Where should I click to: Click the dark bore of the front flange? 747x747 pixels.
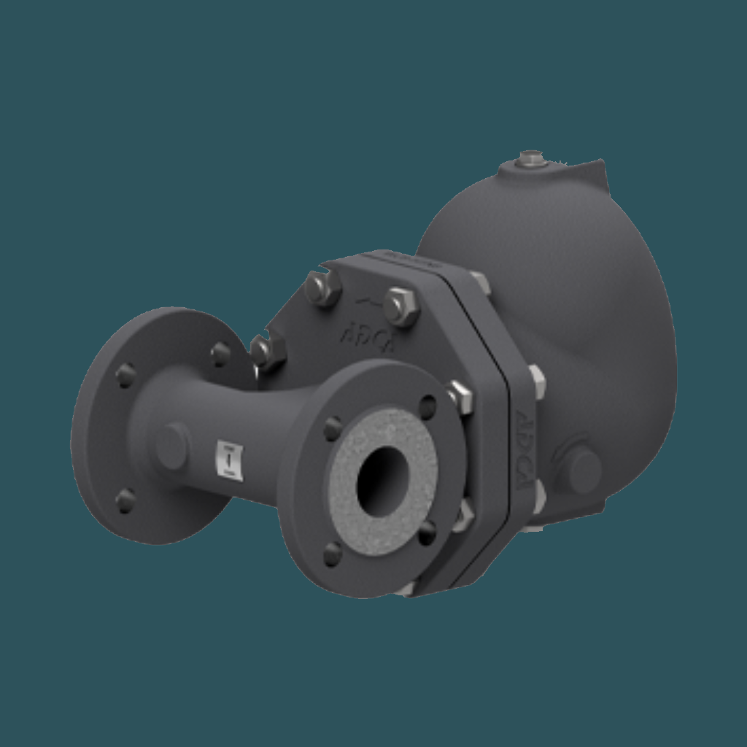pyautogui.click(x=381, y=482)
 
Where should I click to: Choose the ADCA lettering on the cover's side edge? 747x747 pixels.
pyautogui.click(x=525, y=449)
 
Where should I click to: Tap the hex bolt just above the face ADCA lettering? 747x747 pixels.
pyautogui.click(x=400, y=306)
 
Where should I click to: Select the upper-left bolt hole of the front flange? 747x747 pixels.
pyautogui.click(x=333, y=428)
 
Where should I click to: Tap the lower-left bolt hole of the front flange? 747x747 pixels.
pyautogui.click(x=332, y=554)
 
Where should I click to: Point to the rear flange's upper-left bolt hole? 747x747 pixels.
pyautogui.click(x=125, y=375)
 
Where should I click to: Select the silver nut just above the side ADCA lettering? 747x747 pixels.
pyautogui.click(x=536, y=381)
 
